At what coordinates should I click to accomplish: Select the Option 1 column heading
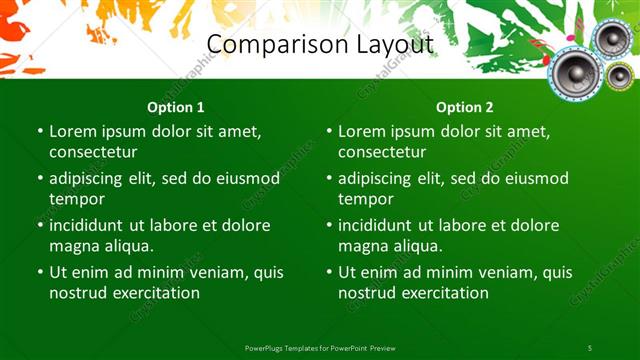click(x=176, y=107)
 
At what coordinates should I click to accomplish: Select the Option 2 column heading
click(x=465, y=107)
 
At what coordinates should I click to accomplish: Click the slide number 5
click(x=590, y=347)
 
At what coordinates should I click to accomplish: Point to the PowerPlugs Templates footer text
click(x=320, y=347)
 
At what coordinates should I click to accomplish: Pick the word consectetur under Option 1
click(x=93, y=152)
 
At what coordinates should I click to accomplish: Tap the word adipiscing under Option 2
click(x=379, y=179)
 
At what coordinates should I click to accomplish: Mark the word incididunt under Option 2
click(x=380, y=226)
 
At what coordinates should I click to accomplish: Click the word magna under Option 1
click(x=73, y=246)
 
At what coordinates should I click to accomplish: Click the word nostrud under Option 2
click(x=366, y=293)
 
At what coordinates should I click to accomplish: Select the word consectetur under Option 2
click(x=382, y=152)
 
